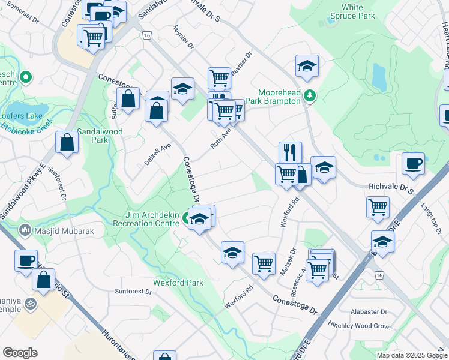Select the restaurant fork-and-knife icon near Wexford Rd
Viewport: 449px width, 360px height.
point(290,152)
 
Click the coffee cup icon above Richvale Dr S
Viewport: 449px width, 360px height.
point(413,163)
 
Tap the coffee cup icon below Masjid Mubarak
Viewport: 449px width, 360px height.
point(26,260)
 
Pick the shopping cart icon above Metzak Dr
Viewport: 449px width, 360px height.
point(264,263)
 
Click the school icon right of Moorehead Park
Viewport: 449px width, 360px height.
point(307,65)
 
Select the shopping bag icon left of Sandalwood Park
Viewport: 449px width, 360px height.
point(67,143)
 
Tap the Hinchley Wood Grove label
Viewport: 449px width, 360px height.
point(359,325)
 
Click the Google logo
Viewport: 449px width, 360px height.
point(20,353)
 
